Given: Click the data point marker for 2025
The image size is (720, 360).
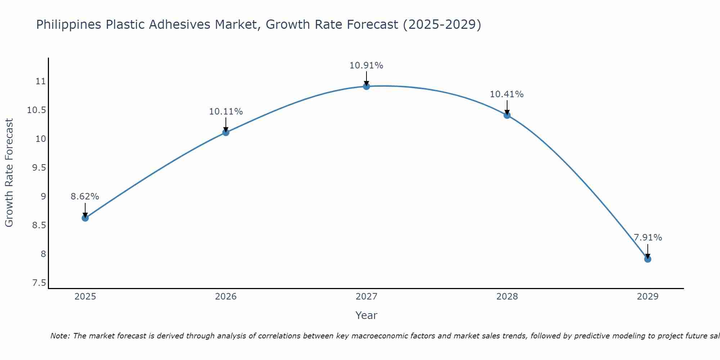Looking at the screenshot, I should click(x=85, y=218).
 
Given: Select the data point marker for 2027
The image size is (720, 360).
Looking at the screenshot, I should click(x=366, y=86).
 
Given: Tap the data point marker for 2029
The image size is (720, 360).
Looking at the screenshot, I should click(x=648, y=259).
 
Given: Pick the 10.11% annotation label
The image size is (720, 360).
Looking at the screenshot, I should click(x=226, y=112).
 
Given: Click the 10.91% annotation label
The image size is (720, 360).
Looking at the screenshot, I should click(x=366, y=66).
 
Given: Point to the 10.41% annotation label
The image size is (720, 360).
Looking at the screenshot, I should click(x=507, y=94).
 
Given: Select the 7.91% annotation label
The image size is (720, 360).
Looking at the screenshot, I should click(x=648, y=238).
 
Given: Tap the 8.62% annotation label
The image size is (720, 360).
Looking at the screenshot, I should click(x=85, y=197).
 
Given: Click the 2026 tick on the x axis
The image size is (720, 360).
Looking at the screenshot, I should click(x=226, y=297).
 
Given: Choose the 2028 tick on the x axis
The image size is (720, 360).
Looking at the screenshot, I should click(x=507, y=297).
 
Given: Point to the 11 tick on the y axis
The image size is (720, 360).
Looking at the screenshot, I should click(x=41, y=81).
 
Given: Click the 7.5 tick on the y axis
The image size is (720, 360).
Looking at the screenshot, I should click(x=39, y=283).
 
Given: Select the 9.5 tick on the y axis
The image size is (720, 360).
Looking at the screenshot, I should click(x=39, y=168).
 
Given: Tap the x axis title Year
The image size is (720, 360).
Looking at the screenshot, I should click(x=366, y=315).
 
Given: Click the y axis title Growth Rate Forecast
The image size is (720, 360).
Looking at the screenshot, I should click(x=9, y=173).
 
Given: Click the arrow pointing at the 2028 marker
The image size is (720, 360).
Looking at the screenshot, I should click(x=507, y=107).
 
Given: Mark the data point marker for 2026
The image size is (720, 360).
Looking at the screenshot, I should click(x=226, y=132).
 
